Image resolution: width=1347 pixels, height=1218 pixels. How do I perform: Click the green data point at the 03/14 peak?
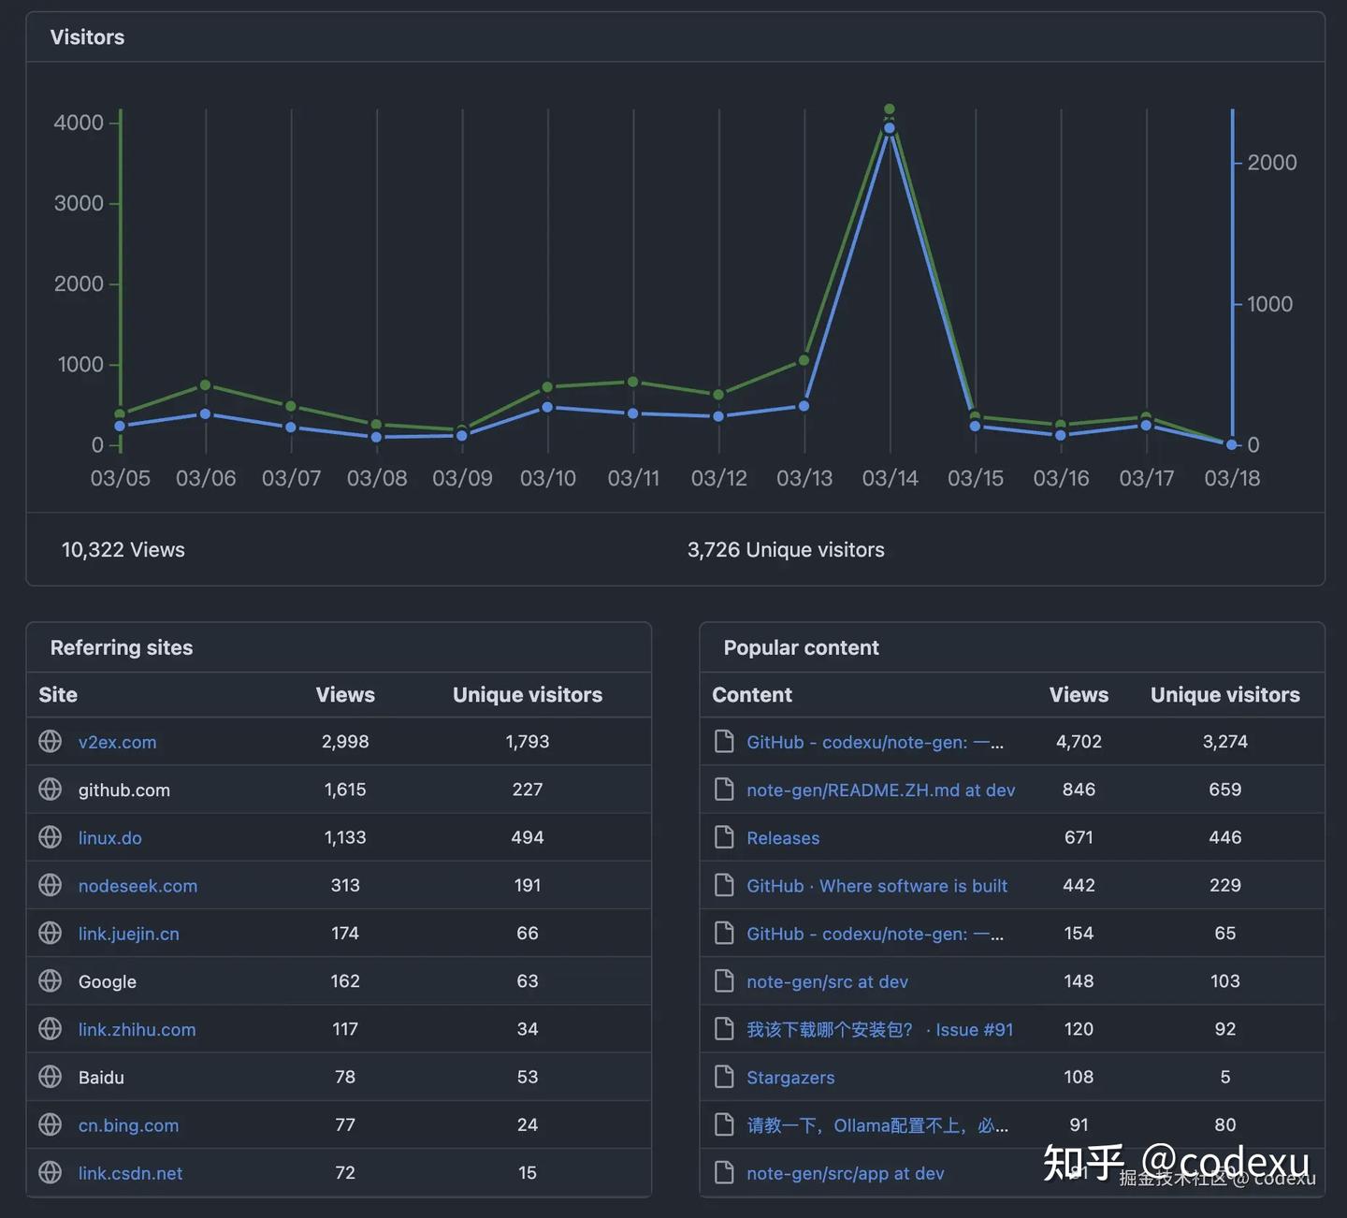coord(889,109)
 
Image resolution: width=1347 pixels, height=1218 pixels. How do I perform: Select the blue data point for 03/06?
coord(206,413)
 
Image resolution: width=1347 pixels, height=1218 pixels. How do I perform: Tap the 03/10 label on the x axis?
coord(548,478)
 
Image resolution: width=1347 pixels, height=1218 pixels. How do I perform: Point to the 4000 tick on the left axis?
coord(79,123)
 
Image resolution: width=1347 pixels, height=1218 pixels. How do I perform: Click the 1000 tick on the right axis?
coord(1269,304)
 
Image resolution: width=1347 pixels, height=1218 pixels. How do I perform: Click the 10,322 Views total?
coord(123,550)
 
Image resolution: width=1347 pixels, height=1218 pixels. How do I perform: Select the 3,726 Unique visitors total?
coord(786,550)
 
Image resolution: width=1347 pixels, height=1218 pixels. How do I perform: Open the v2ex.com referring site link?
coord(117,743)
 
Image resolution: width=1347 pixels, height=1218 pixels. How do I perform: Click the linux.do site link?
coord(110,838)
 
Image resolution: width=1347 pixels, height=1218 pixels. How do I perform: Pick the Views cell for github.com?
coord(345,790)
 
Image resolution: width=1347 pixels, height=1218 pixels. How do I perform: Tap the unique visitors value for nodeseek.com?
coord(528,886)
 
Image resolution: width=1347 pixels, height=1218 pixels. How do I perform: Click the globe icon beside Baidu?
coord(51,1077)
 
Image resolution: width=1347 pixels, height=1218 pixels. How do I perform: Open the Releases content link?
coord(783,838)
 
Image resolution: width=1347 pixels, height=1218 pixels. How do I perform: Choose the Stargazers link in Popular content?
coord(790,1078)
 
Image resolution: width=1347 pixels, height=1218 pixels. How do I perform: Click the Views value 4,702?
coord(1079,742)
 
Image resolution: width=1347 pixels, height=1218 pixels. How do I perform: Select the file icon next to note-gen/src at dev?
coord(724,981)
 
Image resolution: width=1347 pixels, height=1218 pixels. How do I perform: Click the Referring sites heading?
coord(122,647)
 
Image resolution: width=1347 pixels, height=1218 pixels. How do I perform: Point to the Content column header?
coord(752,695)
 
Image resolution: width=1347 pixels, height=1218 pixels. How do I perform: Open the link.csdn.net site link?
coord(130,1174)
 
